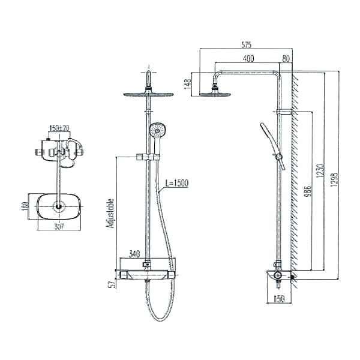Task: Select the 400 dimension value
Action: pyautogui.click(x=248, y=58)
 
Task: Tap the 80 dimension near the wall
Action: pyautogui.click(x=286, y=58)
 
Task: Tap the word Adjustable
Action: pyautogui.click(x=110, y=212)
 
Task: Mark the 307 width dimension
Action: pyautogui.click(x=58, y=226)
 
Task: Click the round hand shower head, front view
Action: pyautogui.click(x=157, y=130)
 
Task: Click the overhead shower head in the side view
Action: pyautogui.click(x=214, y=91)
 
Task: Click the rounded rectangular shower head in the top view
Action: pyautogui.click(x=59, y=206)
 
